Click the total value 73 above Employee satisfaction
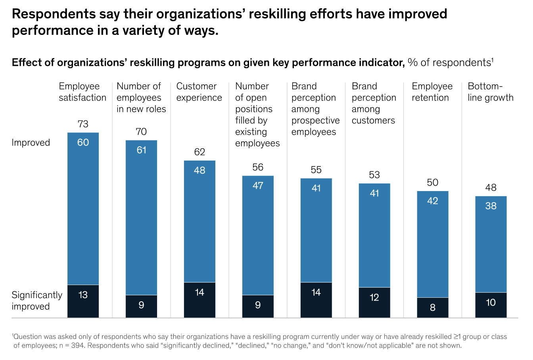[83, 124]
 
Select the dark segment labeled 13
[83, 301]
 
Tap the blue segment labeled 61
[141, 217]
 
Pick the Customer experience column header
[199, 92]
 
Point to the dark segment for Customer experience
[199, 300]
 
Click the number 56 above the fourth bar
[258, 167]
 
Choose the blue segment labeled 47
[258, 235]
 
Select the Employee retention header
[432, 92]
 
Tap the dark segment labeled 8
[433, 307]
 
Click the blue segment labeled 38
[491, 244]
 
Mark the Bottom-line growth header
[490, 92]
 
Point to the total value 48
[491, 188]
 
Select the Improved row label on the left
[31, 143]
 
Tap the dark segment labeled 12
[374, 302]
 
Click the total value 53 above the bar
[374, 175]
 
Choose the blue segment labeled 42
[433, 244]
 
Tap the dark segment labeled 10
[491, 305]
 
